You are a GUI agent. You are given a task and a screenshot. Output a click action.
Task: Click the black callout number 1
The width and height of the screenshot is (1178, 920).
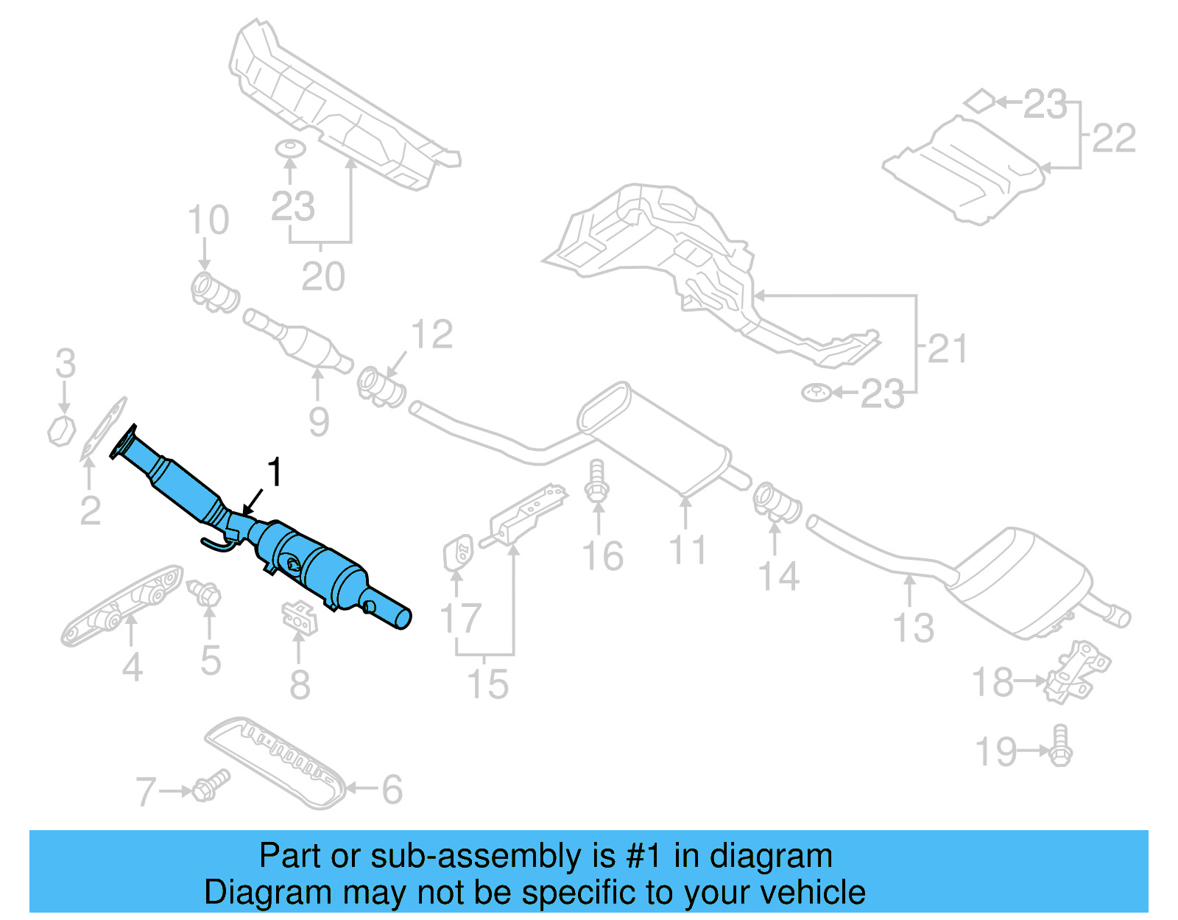tap(275, 472)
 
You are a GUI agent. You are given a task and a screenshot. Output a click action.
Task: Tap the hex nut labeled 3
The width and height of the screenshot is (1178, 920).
tap(62, 430)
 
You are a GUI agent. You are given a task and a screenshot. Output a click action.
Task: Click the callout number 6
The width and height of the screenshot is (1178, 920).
tap(392, 790)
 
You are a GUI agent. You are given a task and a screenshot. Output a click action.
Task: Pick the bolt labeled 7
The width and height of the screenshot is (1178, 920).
tap(211, 786)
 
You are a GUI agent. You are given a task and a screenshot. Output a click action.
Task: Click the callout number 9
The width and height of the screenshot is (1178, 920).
tap(318, 421)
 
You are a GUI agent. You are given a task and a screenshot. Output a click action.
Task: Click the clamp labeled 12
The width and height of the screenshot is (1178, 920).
tap(381, 386)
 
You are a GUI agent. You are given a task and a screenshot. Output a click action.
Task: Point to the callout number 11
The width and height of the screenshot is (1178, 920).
tap(687, 551)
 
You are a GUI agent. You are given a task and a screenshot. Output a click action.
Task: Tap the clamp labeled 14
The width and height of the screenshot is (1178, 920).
tap(777, 502)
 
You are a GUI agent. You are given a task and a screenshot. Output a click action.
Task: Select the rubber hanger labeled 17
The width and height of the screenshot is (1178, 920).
tap(457, 552)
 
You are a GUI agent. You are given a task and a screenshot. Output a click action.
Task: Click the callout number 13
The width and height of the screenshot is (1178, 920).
tap(913, 628)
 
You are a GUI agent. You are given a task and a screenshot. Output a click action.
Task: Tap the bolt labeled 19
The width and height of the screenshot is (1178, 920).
tap(1060, 745)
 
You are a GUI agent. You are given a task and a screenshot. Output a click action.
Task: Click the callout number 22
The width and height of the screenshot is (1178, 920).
tap(1113, 138)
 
